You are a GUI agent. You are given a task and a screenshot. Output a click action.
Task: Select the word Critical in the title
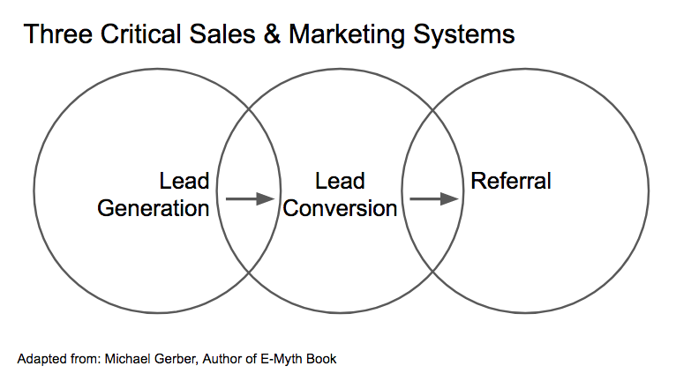point(141,34)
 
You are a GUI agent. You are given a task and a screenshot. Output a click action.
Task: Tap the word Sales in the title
point(222,34)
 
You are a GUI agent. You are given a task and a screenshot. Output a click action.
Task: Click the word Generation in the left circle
point(153,208)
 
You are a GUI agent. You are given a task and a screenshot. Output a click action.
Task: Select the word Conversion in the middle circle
point(341,208)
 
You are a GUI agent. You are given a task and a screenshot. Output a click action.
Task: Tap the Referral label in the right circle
point(511,182)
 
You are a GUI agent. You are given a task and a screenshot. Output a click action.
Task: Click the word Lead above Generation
point(184,182)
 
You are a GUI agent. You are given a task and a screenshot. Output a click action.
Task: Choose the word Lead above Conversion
point(340,182)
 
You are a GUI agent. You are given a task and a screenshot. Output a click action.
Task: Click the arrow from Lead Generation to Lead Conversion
point(250,198)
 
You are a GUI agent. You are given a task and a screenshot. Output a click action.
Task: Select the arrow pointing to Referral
point(434,198)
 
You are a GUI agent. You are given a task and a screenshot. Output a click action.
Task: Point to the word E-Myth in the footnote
point(281,359)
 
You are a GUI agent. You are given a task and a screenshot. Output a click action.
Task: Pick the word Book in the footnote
point(321,359)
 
